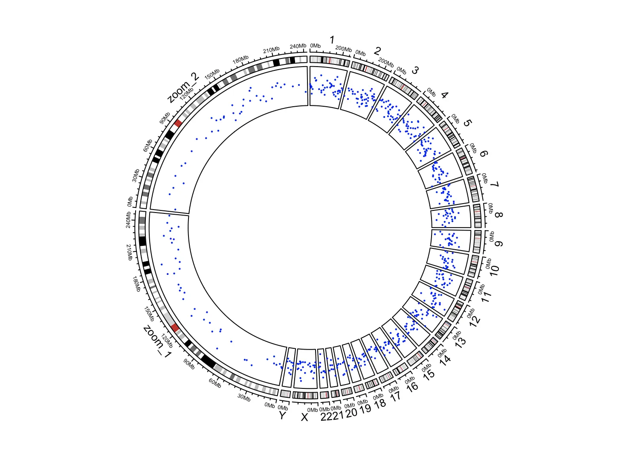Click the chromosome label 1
[332, 40]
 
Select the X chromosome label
[304, 417]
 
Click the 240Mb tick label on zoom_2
[298, 46]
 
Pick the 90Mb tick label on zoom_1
[189, 364]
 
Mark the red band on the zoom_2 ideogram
[178, 123]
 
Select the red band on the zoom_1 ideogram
[175, 327]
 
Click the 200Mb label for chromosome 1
[344, 49]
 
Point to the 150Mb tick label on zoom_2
[212, 74]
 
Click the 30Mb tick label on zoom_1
[244, 397]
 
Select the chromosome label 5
[467, 123]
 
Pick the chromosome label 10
[494, 270]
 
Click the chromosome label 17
[396, 396]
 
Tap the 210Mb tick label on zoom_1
[129, 253]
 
